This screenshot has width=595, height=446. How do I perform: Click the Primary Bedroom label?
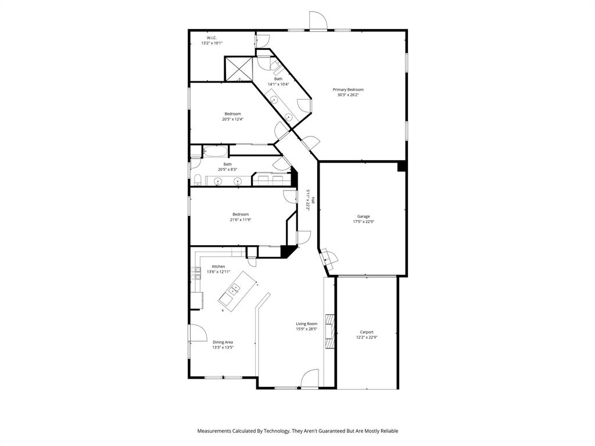[348, 89]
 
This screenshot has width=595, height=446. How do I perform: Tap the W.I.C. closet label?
[212, 38]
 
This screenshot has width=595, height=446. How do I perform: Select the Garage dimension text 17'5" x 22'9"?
[363, 221]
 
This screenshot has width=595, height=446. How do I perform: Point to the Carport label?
[366, 332]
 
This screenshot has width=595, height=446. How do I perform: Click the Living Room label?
[306, 324]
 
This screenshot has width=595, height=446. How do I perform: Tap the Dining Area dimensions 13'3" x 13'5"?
[223, 347]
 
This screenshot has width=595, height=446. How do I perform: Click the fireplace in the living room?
[329, 331]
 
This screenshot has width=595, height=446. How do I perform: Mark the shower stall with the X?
[238, 69]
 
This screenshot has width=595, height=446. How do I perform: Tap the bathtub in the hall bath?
[215, 152]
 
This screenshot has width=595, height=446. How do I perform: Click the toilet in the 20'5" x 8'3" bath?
[196, 179]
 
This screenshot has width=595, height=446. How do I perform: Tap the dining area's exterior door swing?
[197, 333]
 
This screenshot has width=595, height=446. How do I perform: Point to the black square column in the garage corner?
[401, 166]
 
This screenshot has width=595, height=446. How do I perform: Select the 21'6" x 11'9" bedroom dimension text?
[241, 220]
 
